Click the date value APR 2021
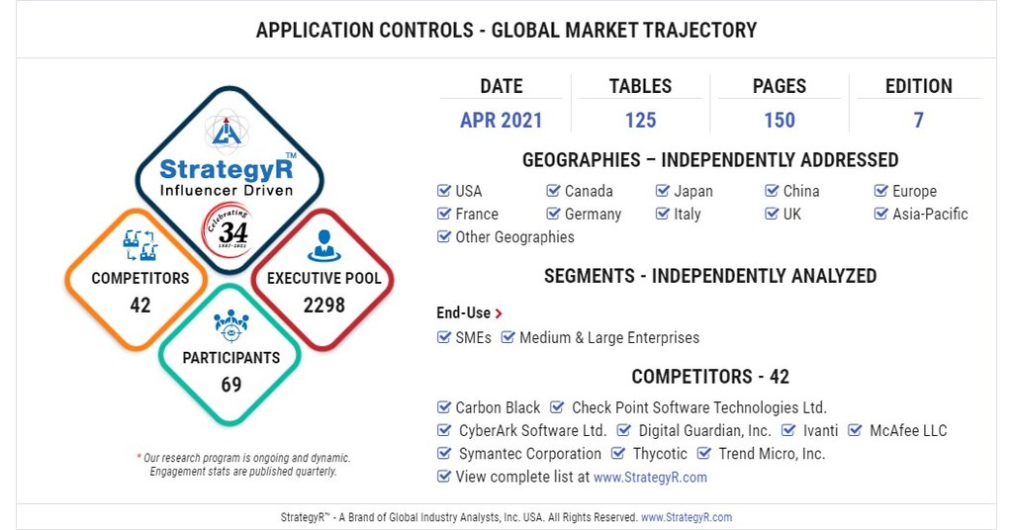click(x=501, y=121)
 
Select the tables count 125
click(x=640, y=121)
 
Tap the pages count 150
click(x=779, y=121)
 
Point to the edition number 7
click(x=918, y=121)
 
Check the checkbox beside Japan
click(x=663, y=191)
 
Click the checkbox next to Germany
click(x=554, y=214)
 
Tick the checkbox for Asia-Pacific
click(x=881, y=214)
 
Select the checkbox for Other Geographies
click(x=444, y=237)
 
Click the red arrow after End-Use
click(x=499, y=313)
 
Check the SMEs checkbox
click(x=444, y=337)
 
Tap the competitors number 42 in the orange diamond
click(x=140, y=305)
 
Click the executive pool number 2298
click(x=323, y=306)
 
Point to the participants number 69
click(x=230, y=385)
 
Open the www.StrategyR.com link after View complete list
click(x=650, y=477)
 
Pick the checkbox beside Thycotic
click(x=618, y=454)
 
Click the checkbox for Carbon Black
click(x=444, y=407)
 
